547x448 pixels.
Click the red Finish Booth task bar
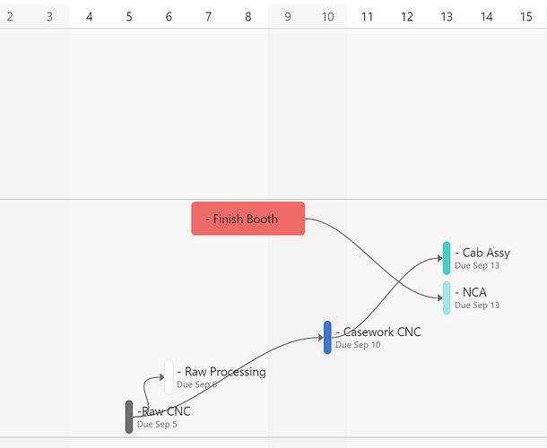(247, 219)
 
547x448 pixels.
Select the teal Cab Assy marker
(447, 258)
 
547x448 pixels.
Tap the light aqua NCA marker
(447, 297)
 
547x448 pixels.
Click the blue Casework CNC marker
(328, 337)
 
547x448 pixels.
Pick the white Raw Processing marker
(169, 376)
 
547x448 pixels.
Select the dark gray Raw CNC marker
(129, 417)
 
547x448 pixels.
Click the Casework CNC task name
(378, 332)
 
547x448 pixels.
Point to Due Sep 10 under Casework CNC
(358, 345)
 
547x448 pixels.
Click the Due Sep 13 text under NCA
(477, 306)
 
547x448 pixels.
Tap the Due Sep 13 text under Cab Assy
(477, 266)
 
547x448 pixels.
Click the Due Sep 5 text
(157, 425)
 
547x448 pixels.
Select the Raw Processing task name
(221, 372)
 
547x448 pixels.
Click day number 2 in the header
(10, 16)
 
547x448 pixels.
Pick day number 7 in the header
(208, 16)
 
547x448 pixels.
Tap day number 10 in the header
(327, 16)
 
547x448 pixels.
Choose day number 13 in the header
(447, 16)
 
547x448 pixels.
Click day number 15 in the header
(525, 16)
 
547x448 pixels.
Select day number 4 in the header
(89, 16)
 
